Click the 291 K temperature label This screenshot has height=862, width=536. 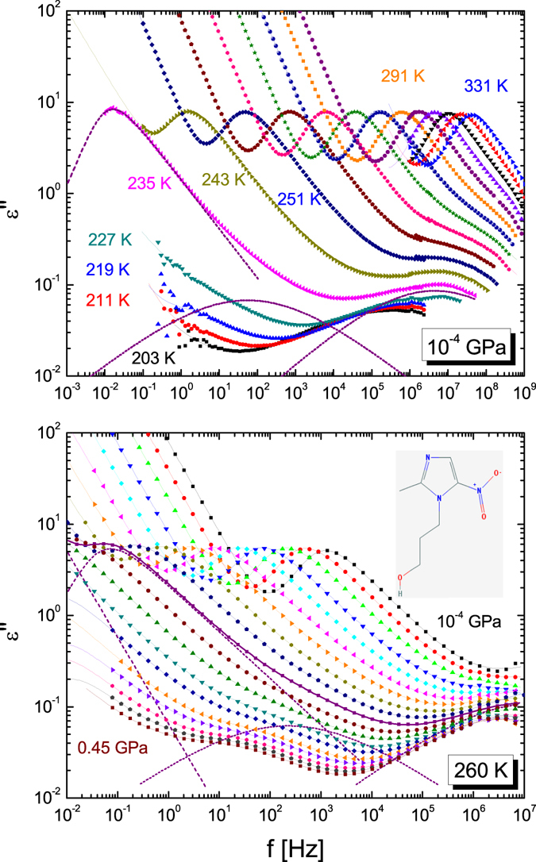coord(403,77)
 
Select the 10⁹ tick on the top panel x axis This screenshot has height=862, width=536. coord(524,391)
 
